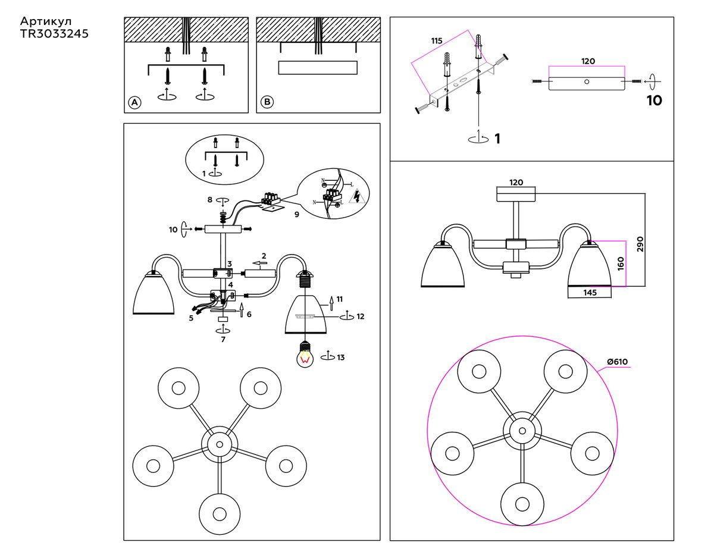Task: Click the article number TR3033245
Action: click(54, 35)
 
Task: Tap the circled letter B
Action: click(267, 102)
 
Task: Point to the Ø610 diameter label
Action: click(618, 362)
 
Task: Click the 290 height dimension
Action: click(640, 244)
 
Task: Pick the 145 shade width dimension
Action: click(590, 293)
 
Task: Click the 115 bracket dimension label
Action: click(437, 41)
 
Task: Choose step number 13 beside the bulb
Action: click(340, 358)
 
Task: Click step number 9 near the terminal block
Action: click(296, 215)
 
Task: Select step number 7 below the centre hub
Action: click(223, 340)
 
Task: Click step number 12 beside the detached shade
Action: click(360, 316)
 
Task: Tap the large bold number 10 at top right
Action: click(654, 101)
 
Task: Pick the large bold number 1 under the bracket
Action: click(497, 139)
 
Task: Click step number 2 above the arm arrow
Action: click(264, 256)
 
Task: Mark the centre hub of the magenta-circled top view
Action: click(522, 430)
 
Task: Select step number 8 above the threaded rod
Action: click(210, 200)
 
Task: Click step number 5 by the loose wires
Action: click(191, 318)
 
